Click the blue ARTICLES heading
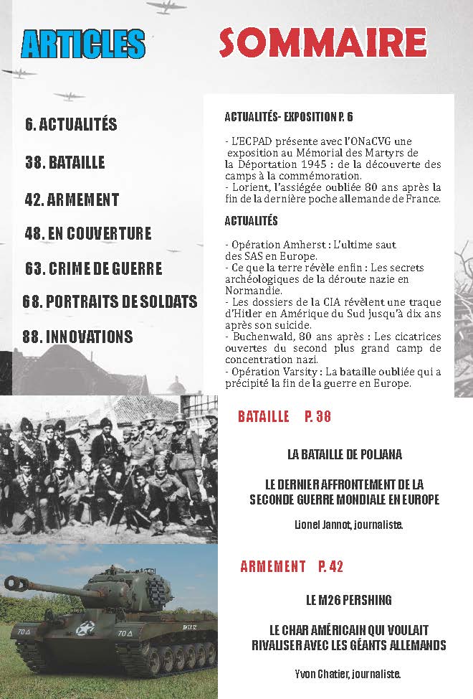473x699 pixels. click(83, 45)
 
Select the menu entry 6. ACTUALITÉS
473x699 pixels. click(71, 124)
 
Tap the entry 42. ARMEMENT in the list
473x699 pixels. click(72, 200)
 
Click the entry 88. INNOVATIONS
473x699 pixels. click(77, 337)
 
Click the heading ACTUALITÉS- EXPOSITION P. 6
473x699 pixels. click(288, 116)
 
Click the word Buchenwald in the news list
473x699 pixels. click(259, 337)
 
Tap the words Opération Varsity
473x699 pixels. click(264, 371)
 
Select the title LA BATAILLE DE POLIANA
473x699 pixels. click(344, 454)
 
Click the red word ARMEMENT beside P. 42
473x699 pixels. click(272, 566)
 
